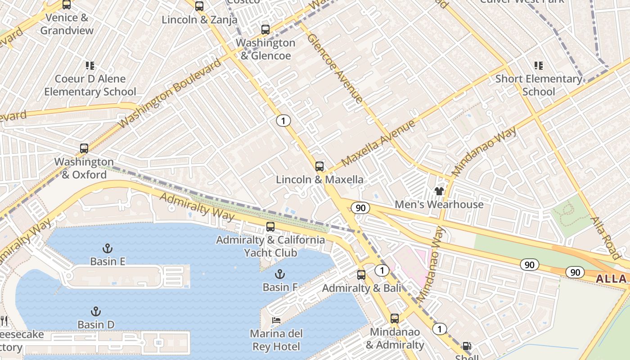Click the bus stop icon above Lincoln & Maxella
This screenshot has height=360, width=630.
coord(319,166)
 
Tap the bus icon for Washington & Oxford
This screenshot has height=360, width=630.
coord(84,148)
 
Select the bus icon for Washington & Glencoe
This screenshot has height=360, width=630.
coord(265,30)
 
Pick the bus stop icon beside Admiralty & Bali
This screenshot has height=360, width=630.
coord(361,275)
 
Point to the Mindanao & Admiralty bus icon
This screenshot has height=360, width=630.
coord(395,319)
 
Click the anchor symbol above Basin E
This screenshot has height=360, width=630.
coord(108,248)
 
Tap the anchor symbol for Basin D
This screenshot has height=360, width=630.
coord(95,311)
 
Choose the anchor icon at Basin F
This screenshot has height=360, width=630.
coord(280,274)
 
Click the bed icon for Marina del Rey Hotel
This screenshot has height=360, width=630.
coord(276,320)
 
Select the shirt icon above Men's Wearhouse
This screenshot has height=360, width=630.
coord(439,191)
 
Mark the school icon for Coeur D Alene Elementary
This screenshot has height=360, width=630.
coord(90,66)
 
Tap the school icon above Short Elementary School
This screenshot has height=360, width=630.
coord(538,66)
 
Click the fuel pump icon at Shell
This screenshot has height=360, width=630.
coord(467,346)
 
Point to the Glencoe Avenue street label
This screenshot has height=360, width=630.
coord(335,68)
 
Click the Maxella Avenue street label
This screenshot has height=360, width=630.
coord(378,143)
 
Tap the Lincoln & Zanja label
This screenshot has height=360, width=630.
coord(199,20)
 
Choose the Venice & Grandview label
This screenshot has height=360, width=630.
coord(67,24)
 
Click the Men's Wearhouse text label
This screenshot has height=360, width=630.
coord(439,204)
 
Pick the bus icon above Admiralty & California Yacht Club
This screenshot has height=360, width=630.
coord(270,227)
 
